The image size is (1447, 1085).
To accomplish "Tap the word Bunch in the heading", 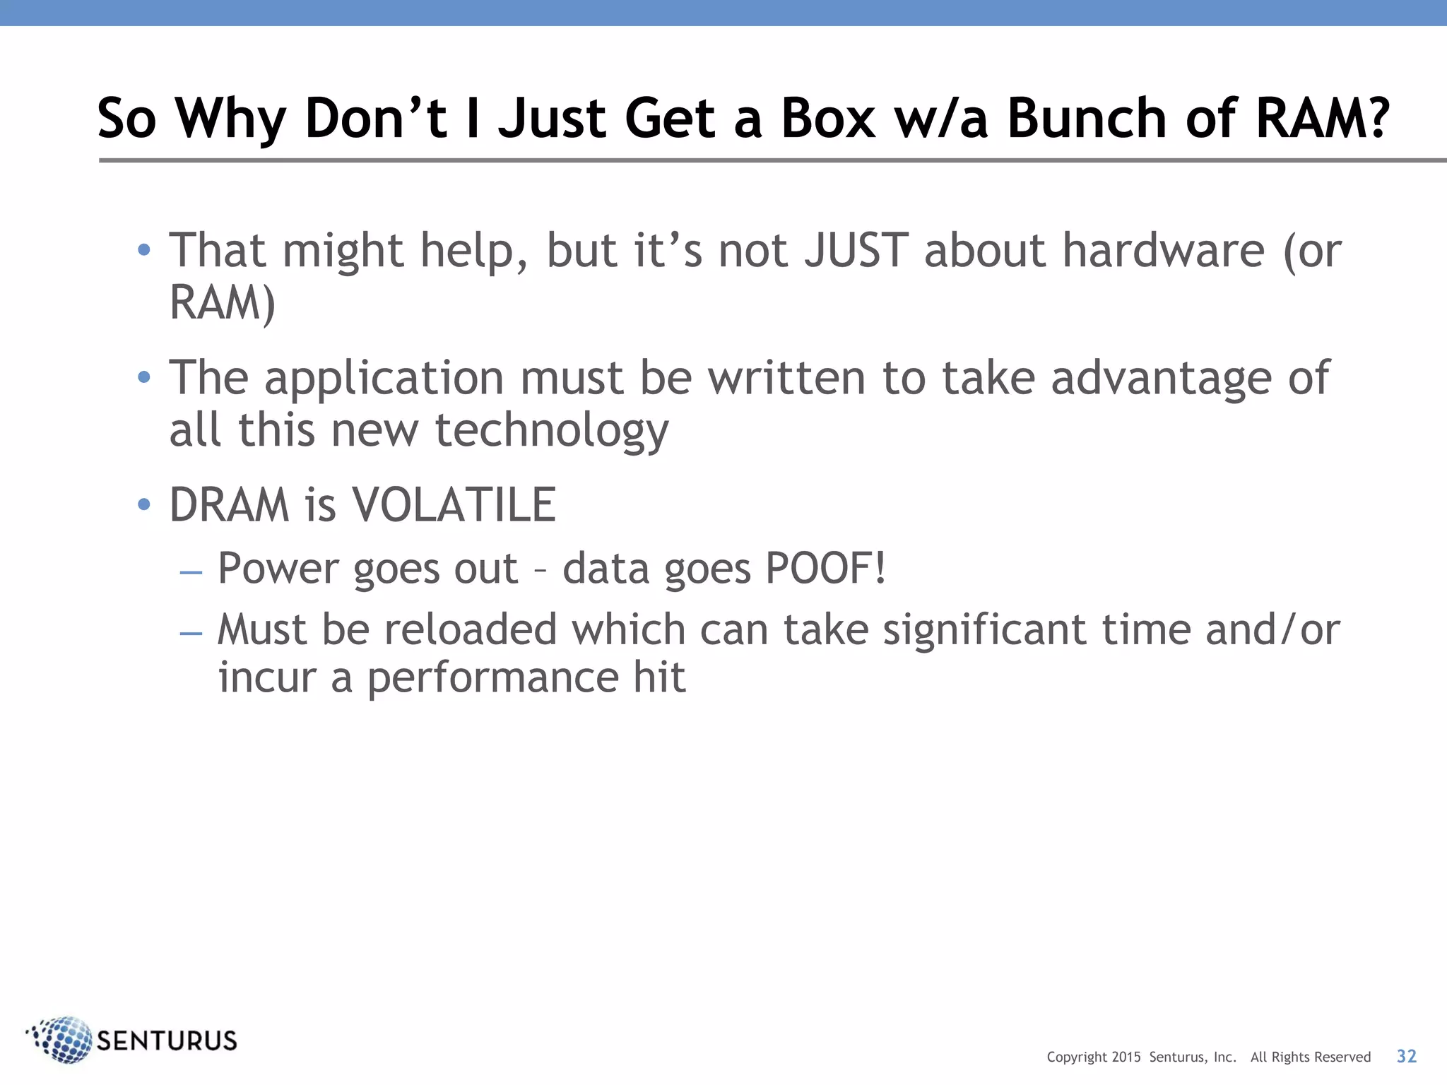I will click(x=1087, y=118).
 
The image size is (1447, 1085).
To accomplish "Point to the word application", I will click(x=384, y=379).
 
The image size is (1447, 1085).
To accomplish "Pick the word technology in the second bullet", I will click(x=551, y=431).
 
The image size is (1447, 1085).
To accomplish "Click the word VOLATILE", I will click(x=454, y=505).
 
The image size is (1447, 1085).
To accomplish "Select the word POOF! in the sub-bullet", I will click(x=825, y=569).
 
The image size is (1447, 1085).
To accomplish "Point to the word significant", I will click(x=984, y=629).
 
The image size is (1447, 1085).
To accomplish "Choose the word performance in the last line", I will click(x=492, y=678).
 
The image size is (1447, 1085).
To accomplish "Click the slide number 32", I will click(x=1406, y=1056).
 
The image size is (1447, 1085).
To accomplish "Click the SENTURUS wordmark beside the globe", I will click(x=167, y=1041).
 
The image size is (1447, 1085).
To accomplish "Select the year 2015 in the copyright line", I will click(x=1126, y=1057).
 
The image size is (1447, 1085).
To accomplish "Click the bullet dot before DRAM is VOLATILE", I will click(x=144, y=504).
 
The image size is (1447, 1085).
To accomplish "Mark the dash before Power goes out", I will click(x=191, y=571).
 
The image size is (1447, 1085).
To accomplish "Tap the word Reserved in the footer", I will click(x=1342, y=1057).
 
